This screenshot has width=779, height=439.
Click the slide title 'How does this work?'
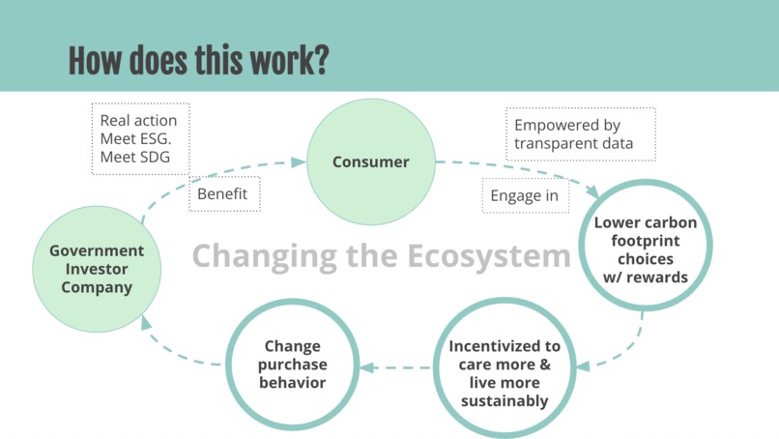[198, 60]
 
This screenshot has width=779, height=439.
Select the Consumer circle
[370, 161]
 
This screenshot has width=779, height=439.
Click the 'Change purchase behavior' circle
[293, 366]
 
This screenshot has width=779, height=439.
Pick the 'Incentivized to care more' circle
[505, 373]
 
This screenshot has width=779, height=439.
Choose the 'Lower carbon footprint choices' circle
[644, 249]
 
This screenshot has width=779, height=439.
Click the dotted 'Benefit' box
[223, 194]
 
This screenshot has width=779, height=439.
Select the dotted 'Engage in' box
[525, 196]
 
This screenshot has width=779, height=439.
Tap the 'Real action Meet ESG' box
[139, 139]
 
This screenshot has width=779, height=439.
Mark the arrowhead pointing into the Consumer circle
[298, 162]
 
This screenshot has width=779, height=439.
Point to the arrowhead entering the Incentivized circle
[584, 365]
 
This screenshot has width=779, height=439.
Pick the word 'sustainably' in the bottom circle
[505, 401]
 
